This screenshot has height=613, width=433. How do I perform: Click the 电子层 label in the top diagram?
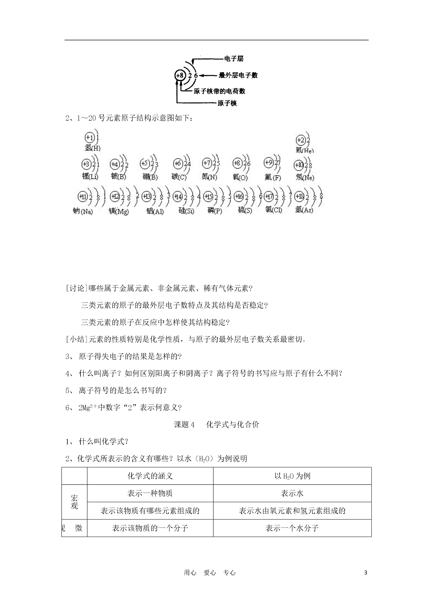click(x=234, y=59)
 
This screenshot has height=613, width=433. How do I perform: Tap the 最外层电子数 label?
click(x=238, y=75)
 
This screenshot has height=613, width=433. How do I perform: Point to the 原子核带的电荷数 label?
click(x=219, y=91)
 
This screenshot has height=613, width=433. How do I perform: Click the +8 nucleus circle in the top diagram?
click(x=180, y=76)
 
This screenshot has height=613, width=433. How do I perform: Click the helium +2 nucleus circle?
click(x=301, y=140)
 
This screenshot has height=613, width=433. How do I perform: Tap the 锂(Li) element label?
click(x=90, y=176)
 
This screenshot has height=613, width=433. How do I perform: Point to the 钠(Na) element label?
click(x=83, y=211)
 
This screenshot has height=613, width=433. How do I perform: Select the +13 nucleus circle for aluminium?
click(x=146, y=197)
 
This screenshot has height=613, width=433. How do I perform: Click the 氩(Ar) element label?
click(x=304, y=210)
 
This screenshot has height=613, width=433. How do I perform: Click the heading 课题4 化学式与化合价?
click(x=216, y=424)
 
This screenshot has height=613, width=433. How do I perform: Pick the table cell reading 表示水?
click(x=292, y=493)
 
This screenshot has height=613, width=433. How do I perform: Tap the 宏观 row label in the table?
click(x=75, y=502)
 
